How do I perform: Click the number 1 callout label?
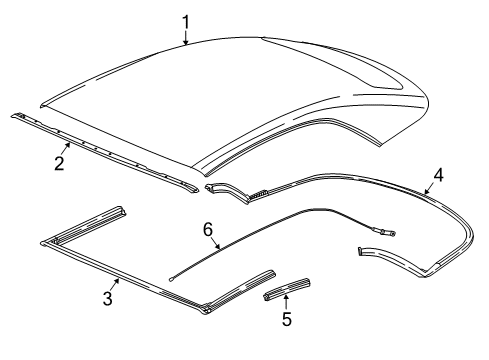[x=185, y=20]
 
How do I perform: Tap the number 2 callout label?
[x=59, y=163]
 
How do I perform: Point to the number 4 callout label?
[x=437, y=174]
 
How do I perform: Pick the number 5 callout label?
[x=286, y=319]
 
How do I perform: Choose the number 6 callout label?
[x=208, y=230]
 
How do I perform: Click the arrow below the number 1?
[x=185, y=38]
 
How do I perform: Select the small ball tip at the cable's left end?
[x=171, y=280]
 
